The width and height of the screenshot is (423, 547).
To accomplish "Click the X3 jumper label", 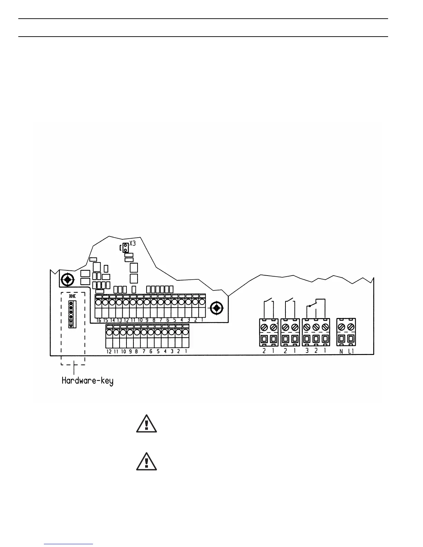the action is pos(133,244).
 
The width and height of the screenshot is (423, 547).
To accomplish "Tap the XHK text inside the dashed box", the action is pos(72,296).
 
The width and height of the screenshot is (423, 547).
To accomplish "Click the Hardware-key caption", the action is pos(87,381).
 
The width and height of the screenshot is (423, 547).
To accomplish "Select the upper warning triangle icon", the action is pos(147,424).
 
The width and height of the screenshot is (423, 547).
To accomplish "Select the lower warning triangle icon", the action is pos(147,462).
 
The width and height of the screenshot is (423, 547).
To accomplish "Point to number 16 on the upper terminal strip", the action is pos(99,320).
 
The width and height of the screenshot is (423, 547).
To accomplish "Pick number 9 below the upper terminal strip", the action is pos(147,320).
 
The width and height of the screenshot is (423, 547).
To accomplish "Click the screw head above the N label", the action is pos(341,326).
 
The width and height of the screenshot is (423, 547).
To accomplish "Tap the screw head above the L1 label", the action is pos(351,326).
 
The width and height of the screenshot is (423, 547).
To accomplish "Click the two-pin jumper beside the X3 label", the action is pos(125,247).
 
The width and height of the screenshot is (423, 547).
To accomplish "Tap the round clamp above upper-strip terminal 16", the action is pos(98,303).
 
